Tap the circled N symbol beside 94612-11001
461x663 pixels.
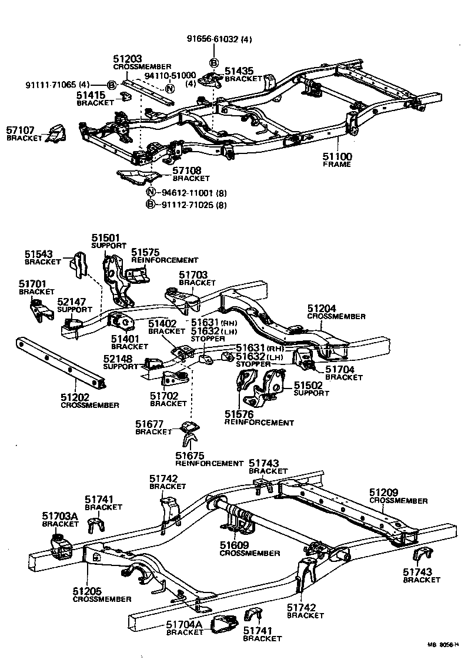150,193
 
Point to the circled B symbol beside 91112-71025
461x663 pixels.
150,205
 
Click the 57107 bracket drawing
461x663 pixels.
56,134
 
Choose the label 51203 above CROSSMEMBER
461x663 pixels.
127,59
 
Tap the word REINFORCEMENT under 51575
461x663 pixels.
165,260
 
